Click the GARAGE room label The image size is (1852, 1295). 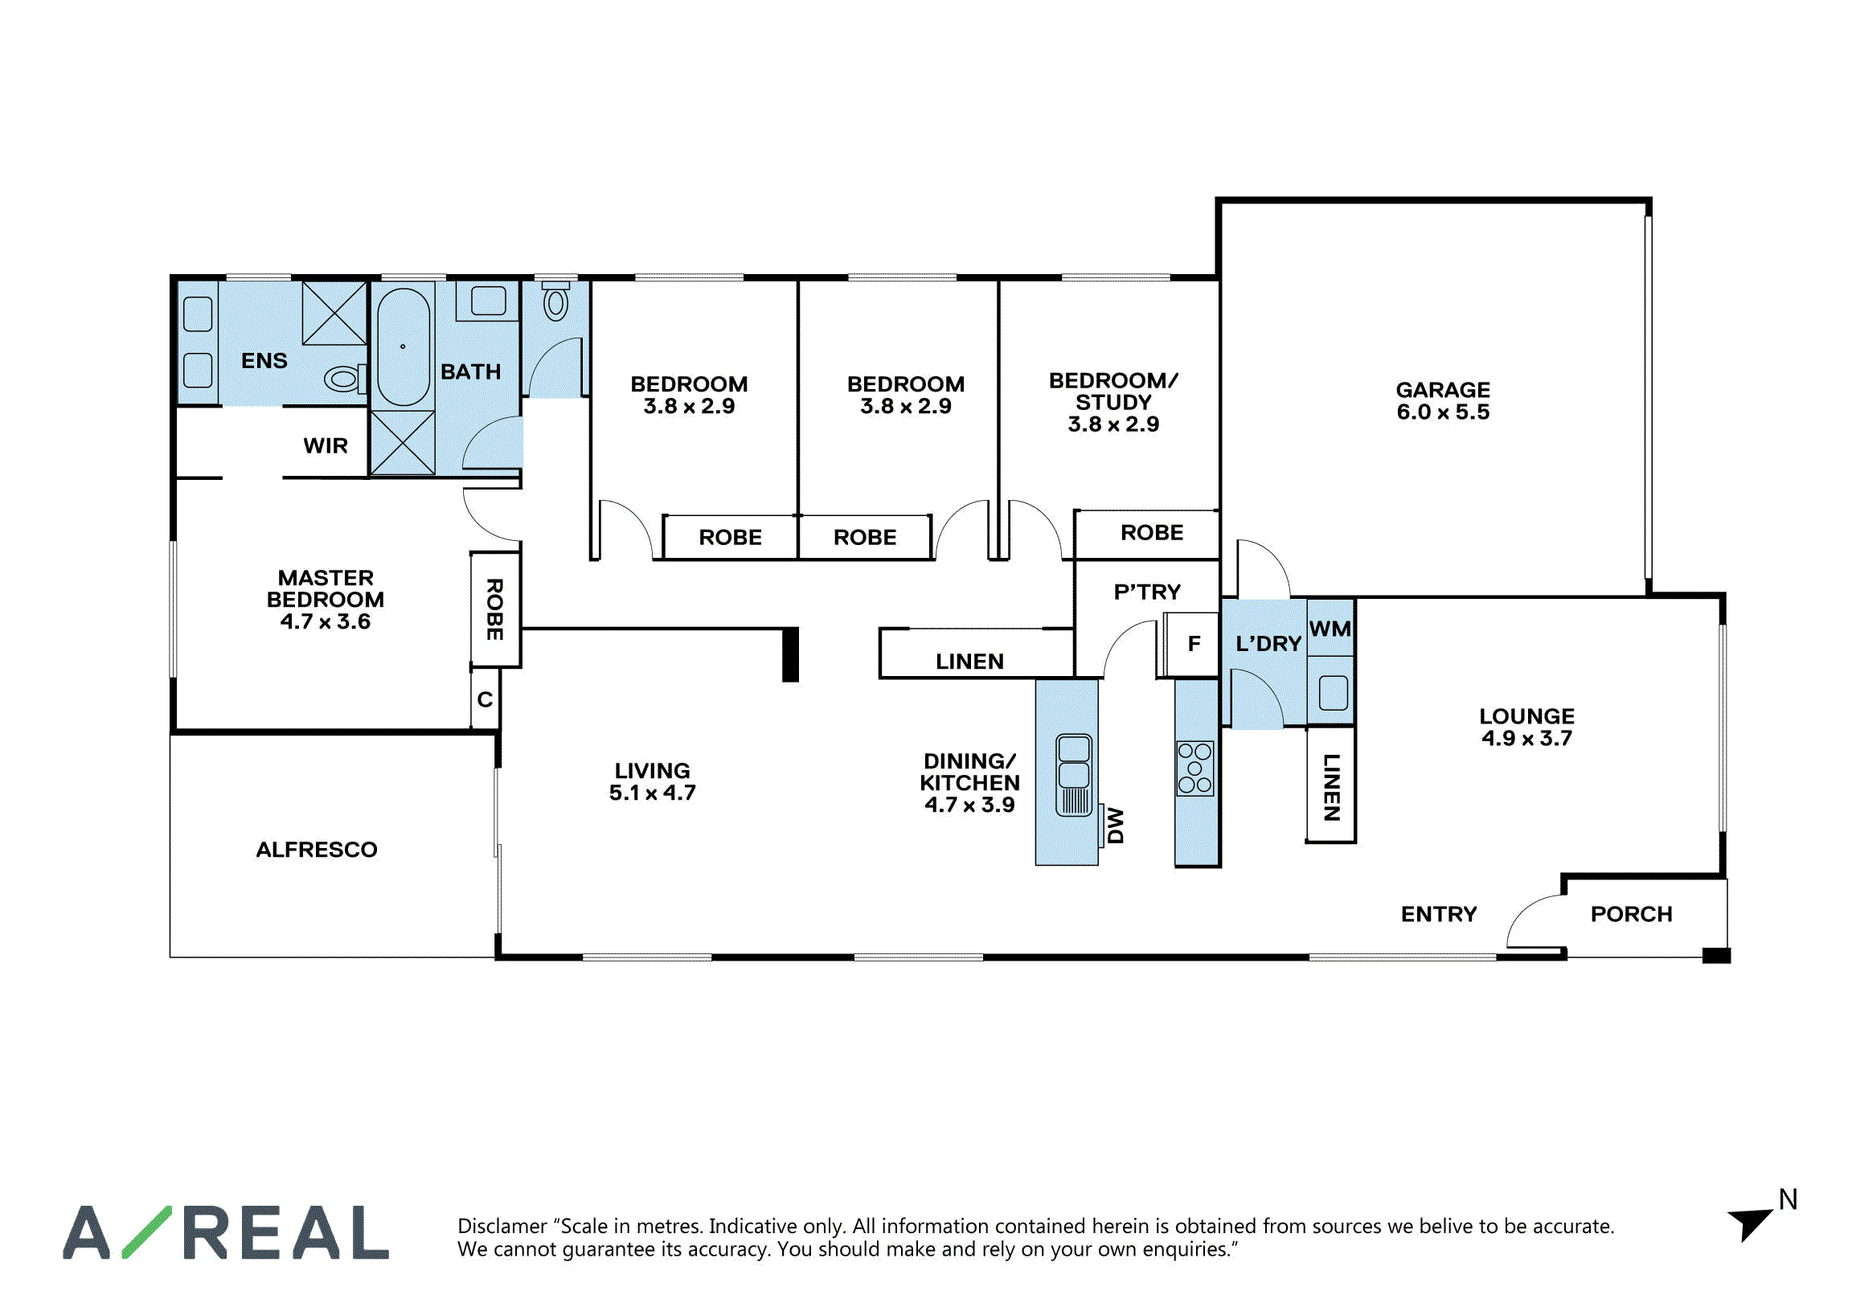[1443, 390]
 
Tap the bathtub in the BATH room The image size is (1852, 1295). [404, 347]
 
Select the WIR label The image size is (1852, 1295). [325, 445]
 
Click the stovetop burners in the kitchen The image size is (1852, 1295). [1194, 768]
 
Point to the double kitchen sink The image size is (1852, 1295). [1074, 775]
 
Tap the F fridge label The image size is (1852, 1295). [1194, 644]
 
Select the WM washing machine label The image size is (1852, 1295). [1330, 629]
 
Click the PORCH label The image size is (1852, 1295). [1632, 914]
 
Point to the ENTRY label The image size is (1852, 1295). [1439, 914]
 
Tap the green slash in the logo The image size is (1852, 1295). [147, 1232]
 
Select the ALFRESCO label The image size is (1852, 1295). [317, 850]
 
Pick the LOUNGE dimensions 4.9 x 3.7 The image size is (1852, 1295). [1527, 738]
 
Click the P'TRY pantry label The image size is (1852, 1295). [1147, 592]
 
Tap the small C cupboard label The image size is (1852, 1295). [485, 699]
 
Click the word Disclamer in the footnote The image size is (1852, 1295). [502, 1227]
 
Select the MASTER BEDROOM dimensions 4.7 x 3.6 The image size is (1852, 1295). [325, 621]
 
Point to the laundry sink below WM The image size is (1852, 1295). [1334, 692]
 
